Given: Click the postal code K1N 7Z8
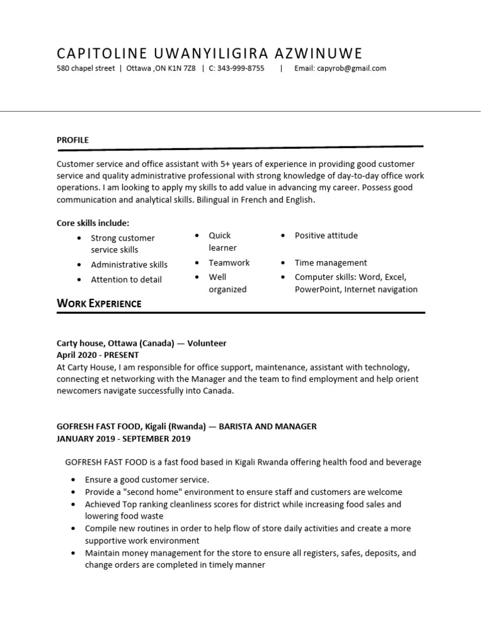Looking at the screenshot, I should point(182,68).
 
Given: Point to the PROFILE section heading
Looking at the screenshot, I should point(73,140).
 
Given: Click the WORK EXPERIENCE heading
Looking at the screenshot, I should point(99,304).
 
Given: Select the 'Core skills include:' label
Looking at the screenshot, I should point(93,223).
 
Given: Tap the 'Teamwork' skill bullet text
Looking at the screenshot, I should point(229,262).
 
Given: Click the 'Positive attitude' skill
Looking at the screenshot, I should point(326,235).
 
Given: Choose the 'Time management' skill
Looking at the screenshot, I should point(331,262).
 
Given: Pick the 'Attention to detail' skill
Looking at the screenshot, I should point(126,279).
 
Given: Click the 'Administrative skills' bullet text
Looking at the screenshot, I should point(129,264).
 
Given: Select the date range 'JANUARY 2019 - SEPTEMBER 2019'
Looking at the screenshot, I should point(124,438).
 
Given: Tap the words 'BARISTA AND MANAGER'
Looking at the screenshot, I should point(268,426).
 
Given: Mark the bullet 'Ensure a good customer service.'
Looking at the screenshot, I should point(147,480).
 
